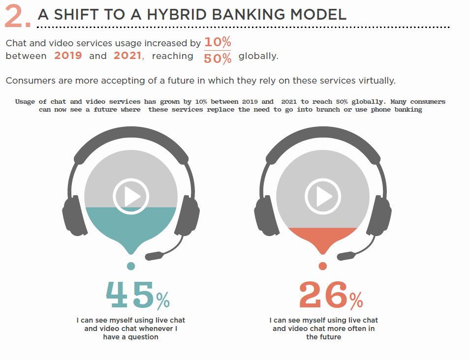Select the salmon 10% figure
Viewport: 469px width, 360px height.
coord(218,42)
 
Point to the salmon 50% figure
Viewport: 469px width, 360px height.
coord(218,58)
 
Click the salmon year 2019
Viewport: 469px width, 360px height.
coord(68,56)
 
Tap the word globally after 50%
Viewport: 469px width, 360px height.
coord(258,56)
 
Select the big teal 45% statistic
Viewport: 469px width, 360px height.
coord(138,295)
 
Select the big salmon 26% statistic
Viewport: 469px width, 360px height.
coord(331,295)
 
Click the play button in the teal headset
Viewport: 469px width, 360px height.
coord(131,196)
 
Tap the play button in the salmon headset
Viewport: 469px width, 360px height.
coord(323,196)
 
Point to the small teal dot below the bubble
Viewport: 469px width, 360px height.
coord(131,266)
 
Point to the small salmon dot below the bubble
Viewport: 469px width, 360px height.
coord(323,266)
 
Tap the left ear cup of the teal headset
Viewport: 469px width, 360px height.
coord(74,215)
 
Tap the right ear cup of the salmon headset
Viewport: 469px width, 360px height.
coord(379,215)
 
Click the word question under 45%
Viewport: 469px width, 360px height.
coord(143,337)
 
